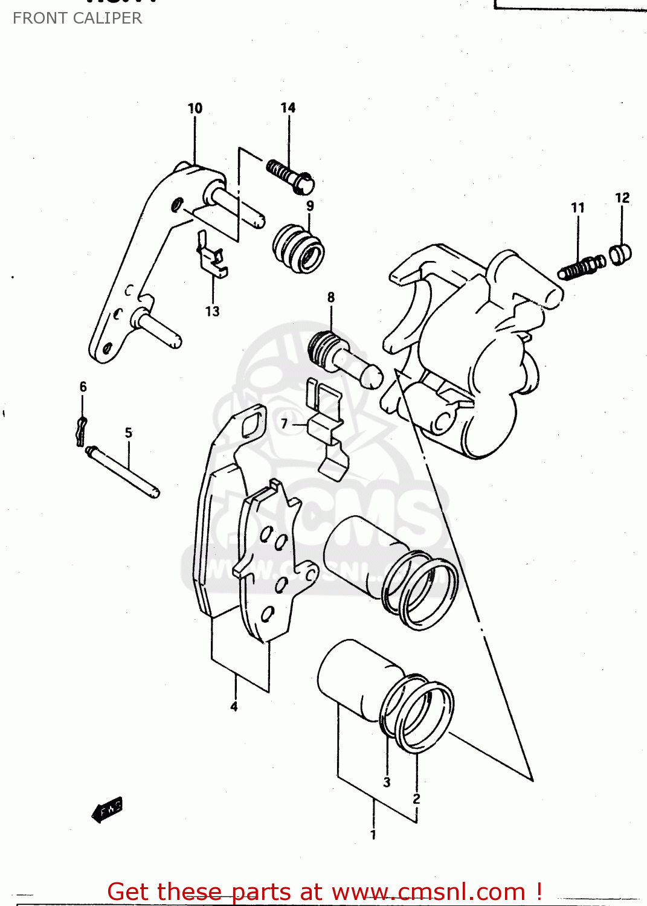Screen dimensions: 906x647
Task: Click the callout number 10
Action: tap(195, 108)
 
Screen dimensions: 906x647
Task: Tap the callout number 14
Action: tap(288, 108)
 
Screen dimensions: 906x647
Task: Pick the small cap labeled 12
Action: tap(620, 254)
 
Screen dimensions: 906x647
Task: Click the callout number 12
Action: tap(622, 198)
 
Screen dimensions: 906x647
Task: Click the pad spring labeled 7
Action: tap(327, 428)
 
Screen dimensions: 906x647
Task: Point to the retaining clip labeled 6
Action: tap(81, 431)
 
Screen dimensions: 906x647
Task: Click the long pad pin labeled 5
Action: tap(123, 472)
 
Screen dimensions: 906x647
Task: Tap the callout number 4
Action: tap(234, 706)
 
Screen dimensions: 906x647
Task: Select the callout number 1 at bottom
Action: tap(373, 835)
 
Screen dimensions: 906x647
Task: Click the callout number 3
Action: tap(387, 782)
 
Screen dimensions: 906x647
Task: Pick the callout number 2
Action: tap(416, 798)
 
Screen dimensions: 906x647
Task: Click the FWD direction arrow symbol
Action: tap(108, 809)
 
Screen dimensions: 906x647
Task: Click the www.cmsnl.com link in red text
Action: tap(428, 892)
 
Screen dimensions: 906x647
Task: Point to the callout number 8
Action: tap(331, 297)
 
